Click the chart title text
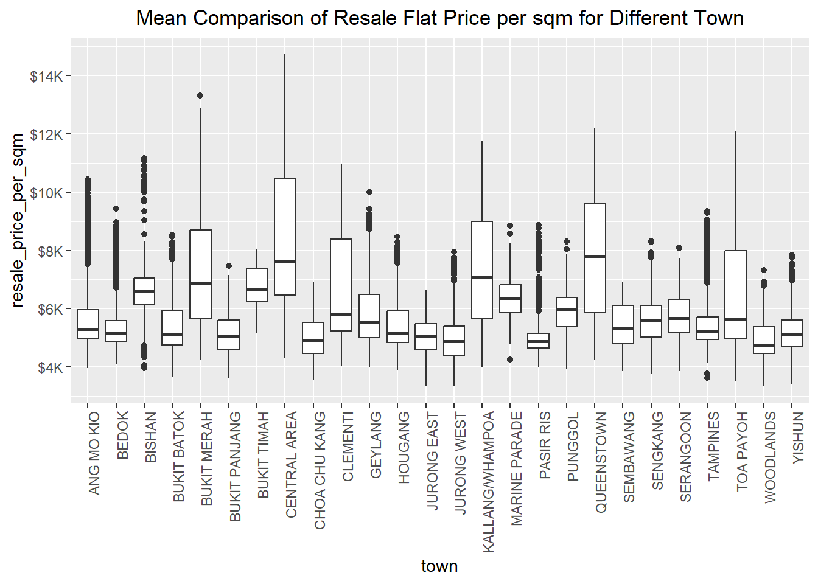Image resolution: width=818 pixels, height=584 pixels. (x=439, y=18)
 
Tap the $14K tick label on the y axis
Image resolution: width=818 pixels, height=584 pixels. (x=46, y=76)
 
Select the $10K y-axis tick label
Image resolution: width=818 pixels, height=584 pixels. (x=46, y=193)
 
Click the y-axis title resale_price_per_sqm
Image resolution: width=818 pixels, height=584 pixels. (x=18, y=220)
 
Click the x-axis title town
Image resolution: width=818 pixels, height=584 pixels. (x=439, y=566)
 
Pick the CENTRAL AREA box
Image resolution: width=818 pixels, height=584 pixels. (x=285, y=237)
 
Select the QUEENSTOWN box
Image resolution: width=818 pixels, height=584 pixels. (x=595, y=258)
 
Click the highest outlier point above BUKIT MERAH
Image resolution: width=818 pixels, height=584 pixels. (x=200, y=96)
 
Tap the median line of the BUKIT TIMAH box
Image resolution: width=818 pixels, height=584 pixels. (x=257, y=290)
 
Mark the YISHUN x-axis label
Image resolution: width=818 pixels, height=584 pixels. (x=798, y=437)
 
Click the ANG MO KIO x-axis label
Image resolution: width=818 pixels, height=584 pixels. (x=94, y=453)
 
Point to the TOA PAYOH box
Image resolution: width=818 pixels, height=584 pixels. (x=735, y=294)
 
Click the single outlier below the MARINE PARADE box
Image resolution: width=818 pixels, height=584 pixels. (x=510, y=360)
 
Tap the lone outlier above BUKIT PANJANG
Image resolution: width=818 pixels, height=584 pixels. (x=229, y=266)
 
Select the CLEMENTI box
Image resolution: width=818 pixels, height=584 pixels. (x=341, y=285)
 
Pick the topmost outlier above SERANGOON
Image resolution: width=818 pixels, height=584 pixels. (x=679, y=248)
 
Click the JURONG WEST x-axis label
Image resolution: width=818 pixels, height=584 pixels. (x=460, y=464)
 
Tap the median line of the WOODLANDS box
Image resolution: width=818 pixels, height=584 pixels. (x=764, y=346)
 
